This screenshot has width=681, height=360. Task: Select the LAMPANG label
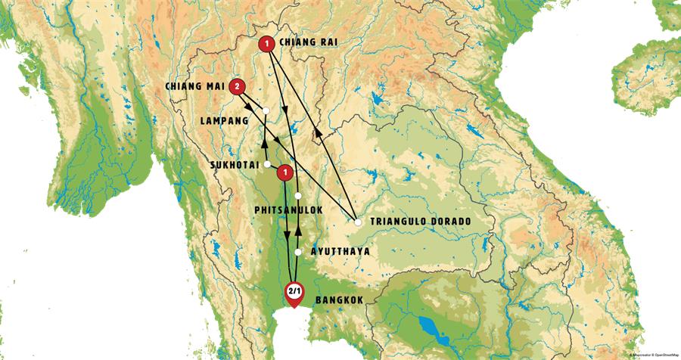225,119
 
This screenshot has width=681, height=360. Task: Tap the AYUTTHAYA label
340,252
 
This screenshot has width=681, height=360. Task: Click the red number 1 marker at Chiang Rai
266,45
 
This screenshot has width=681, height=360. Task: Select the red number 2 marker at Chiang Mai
238,87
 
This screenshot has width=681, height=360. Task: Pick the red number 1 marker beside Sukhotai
285,173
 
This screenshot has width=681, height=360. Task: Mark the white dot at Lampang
266,111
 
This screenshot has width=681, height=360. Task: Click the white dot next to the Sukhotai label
267,164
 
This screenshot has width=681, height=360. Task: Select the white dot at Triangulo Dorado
358,222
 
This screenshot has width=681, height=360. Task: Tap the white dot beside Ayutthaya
299,252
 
